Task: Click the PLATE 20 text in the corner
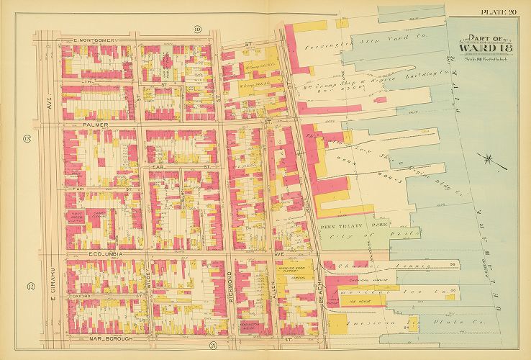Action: (x=502, y=9)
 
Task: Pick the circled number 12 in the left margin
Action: (x=29, y=287)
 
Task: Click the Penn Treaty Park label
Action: (x=343, y=225)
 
